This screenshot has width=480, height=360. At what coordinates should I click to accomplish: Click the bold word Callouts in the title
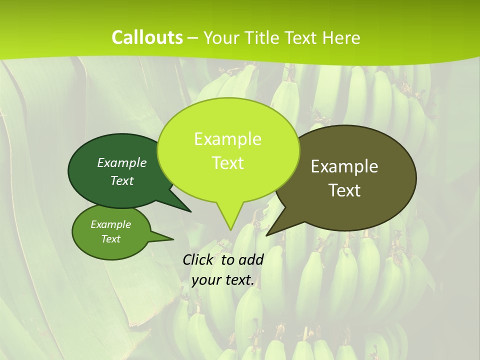[147, 37]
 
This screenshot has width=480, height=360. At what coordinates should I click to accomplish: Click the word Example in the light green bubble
[227, 139]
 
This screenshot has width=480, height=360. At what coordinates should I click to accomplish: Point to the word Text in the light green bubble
[227, 163]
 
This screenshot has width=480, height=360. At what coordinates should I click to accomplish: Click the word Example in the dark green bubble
[122, 162]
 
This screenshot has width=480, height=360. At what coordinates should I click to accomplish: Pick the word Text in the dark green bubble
[122, 180]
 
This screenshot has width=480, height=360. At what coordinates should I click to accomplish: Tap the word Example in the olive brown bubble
[344, 166]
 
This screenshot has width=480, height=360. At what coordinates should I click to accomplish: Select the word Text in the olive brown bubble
[344, 190]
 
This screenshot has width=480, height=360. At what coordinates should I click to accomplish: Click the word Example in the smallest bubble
[110, 224]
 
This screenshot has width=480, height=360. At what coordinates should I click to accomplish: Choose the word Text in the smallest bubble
[110, 239]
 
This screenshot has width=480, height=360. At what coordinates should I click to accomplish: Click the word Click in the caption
[198, 259]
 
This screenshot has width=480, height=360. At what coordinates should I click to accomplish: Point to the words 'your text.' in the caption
[223, 280]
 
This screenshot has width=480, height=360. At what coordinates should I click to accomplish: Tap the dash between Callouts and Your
[193, 38]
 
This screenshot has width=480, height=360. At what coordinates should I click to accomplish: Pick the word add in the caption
[251, 259]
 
